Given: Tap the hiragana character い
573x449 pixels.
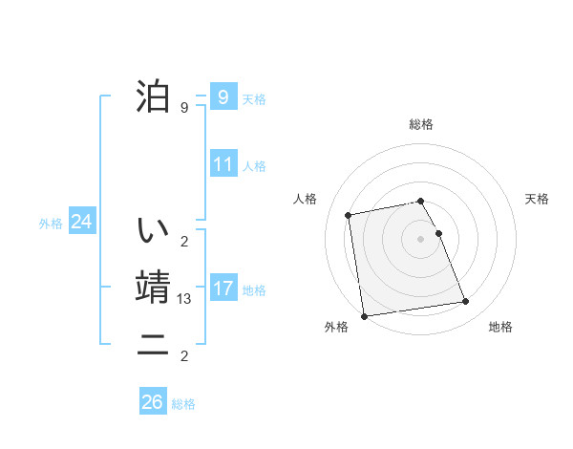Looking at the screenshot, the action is tap(152, 230).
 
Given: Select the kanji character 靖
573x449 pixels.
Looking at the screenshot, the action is tap(152, 288).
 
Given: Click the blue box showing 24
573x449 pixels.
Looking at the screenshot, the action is tap(81, 222).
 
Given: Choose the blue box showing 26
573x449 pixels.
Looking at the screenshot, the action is tap(152, 402).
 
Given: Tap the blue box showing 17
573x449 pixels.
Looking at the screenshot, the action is tap(223, 288).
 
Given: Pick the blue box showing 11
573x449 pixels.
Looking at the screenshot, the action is tap(223, 164).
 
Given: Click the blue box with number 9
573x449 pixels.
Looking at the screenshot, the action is tap(223, 96).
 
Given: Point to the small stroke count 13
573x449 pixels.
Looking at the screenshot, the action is tap(184, 299).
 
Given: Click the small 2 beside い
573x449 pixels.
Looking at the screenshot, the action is tap(184, 241).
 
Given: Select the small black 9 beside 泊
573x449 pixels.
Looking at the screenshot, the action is tap(184, 107).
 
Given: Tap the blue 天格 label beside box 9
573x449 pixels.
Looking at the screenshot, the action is tap(254, 98).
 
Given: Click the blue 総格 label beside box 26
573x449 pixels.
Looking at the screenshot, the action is tap(183, 404).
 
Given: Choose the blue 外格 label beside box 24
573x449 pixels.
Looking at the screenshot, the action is tap(51, 224).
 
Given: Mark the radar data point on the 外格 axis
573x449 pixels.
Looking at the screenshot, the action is tap(364, 316).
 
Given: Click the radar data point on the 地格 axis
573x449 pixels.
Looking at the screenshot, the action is tap(465, 302).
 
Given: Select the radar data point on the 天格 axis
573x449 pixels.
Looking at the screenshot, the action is tap(438, 233).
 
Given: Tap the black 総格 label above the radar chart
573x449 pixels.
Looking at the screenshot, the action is tap(420, 124).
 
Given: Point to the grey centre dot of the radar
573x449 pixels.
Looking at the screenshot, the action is tap(420, 239).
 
